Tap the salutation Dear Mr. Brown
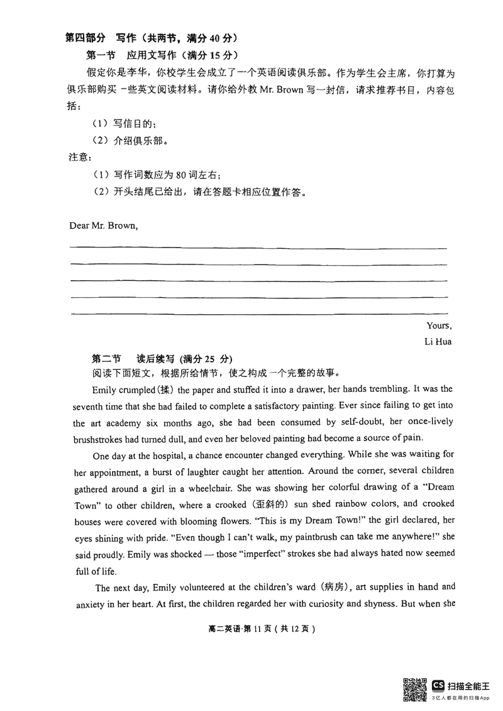pos(102,225)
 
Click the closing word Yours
pos(438,325)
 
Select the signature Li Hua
pos(438,342)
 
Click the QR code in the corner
pos(415,688)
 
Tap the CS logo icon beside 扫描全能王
pos(438,685)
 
